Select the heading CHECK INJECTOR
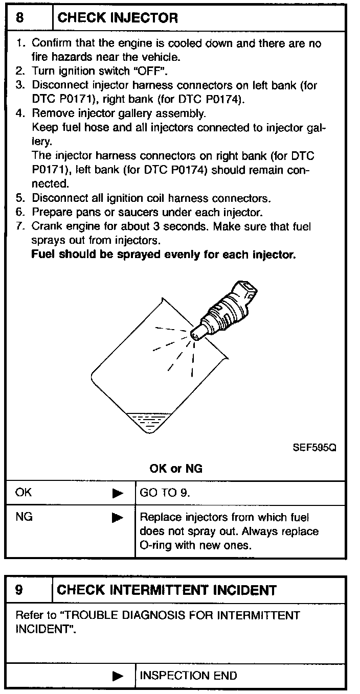pos(118,18)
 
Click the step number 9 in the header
pos(19,590)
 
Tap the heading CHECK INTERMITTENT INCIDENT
pos(167,590)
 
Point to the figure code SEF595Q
pos(314,448)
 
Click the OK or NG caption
pos(176,469)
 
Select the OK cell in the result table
pos(24,493)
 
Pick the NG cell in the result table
pos(24,517)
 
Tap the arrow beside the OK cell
pos(118,493)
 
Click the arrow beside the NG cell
pos(118,518)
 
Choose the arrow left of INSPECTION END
pos(118,676)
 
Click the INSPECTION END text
pos(188,676)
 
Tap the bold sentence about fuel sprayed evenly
pos(164,255)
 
